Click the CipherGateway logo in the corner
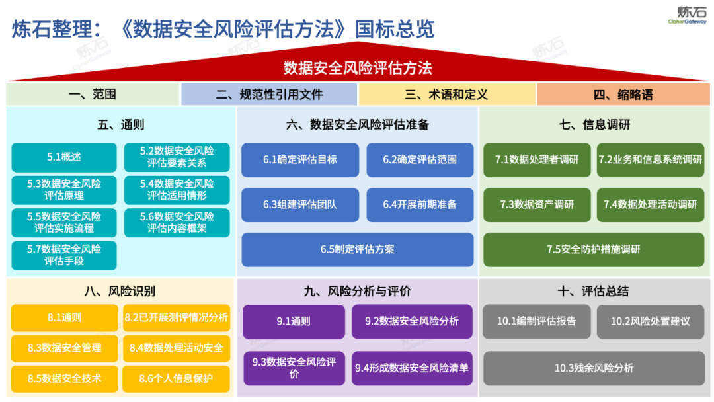pyautogui.click(x=691, y=15)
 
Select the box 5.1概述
pyautogui.click(x=64, y=157)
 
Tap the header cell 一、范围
pyautogui.click(x=92, y=95)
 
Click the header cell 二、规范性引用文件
pyautogui.click(x=268, y=95)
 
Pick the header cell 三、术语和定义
pyautogui.click(x=446, y=95)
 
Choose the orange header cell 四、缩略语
pyautogui.click(x=623, y=95)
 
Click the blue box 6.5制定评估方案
pyautogui.click(x=357, y=249)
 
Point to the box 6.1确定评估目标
pyautogui.click(x=299, y=159)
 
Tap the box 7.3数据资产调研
pyautogui.click(x=537, y=204)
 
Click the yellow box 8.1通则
pyautogui.click(x=64, y=317)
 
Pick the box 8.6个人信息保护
pyautogui.click(x=177, y=379)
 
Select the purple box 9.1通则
pyautogui.click(x=294, y=321)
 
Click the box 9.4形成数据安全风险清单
pyautogui.click(x=411, y=368)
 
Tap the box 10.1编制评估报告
pyautogui.click(x=536, y=321)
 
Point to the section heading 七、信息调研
pyautogui.click(x=594, y=124)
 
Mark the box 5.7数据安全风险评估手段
pyautogui.click(x=64, y=255)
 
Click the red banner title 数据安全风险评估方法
pyautogui.click(x=357, y=68)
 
